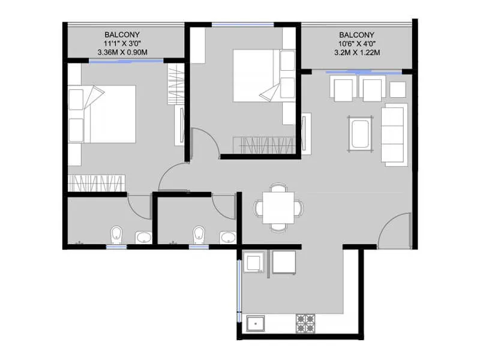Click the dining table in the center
[278, 208]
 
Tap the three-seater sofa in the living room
[394, 134]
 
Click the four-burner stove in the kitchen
[305, 324]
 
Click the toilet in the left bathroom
[116, 235]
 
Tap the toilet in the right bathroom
[199, 235]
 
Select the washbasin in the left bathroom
[144, 237]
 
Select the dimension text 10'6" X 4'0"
[356, 44]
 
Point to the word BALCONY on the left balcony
[122, 35]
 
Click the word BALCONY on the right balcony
[356, 35]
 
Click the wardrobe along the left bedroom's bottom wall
[96, 182]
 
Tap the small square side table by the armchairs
[398, 89]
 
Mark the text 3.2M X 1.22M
[357, 53]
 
